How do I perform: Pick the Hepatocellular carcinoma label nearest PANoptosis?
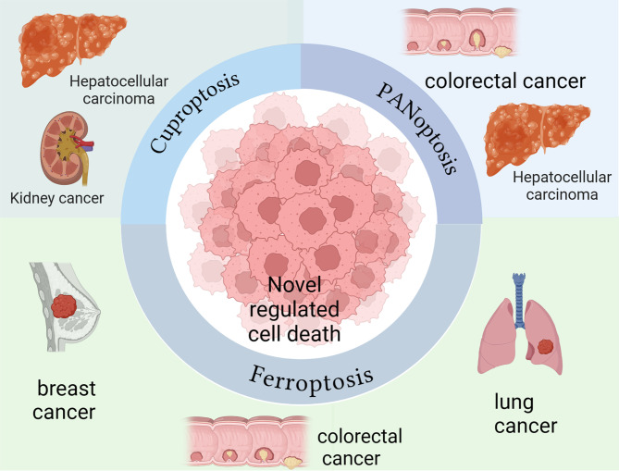click(x=551, y=185)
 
